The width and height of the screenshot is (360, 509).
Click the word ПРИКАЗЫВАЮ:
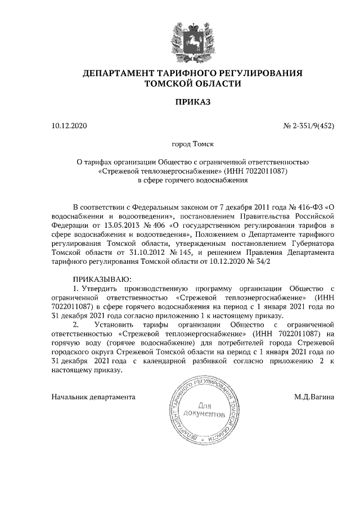click(x=102, y=279)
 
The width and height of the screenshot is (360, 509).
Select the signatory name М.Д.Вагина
click(x=314, y=397)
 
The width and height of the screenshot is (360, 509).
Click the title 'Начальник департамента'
click(x=93, y=397)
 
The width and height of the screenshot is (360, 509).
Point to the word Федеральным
click(x=144, y=206)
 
